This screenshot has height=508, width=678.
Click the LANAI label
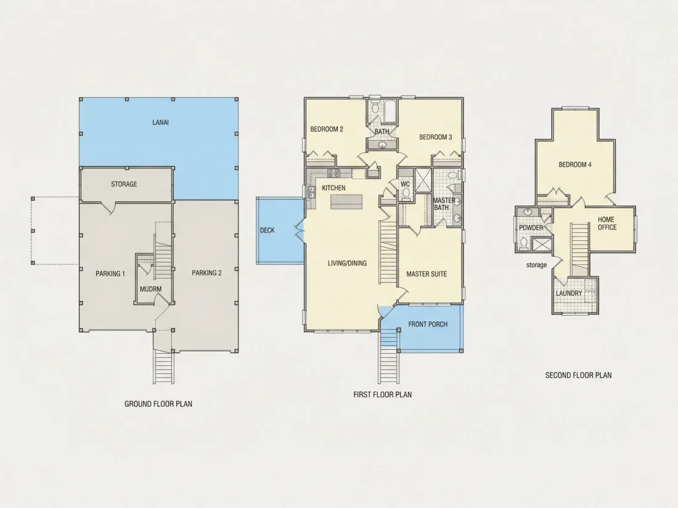tap(160, 123)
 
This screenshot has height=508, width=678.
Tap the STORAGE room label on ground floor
tap(124, 184)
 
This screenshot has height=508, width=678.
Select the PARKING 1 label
tap(110, 273)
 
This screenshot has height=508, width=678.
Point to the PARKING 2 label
tap(206, 273)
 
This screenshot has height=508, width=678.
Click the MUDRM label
tap(151, 289)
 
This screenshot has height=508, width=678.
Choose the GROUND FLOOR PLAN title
tap(158, 404)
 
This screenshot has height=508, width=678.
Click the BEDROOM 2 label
tap(327, 129)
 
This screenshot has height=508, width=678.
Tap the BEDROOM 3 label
tap(436, 137)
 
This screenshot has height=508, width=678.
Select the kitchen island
tap(346, 202)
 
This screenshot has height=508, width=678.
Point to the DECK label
tap(268, 230)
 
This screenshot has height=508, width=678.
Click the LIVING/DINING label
tap(347, 263)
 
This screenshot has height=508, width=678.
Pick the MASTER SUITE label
tap(427, 274)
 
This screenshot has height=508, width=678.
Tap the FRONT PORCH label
tap(428, 324)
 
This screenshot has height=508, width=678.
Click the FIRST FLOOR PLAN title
tap(383, 394)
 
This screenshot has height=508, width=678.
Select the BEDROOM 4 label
tap(575, 164)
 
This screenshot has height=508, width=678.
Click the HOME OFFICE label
tap(607, 224)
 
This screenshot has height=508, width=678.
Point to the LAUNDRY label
tap(569, 293)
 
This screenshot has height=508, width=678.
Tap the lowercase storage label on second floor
tap(537, 265)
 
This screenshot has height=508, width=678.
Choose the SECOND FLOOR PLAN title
tap(579, 376)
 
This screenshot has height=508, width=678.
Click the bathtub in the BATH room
tap(390, 111)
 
